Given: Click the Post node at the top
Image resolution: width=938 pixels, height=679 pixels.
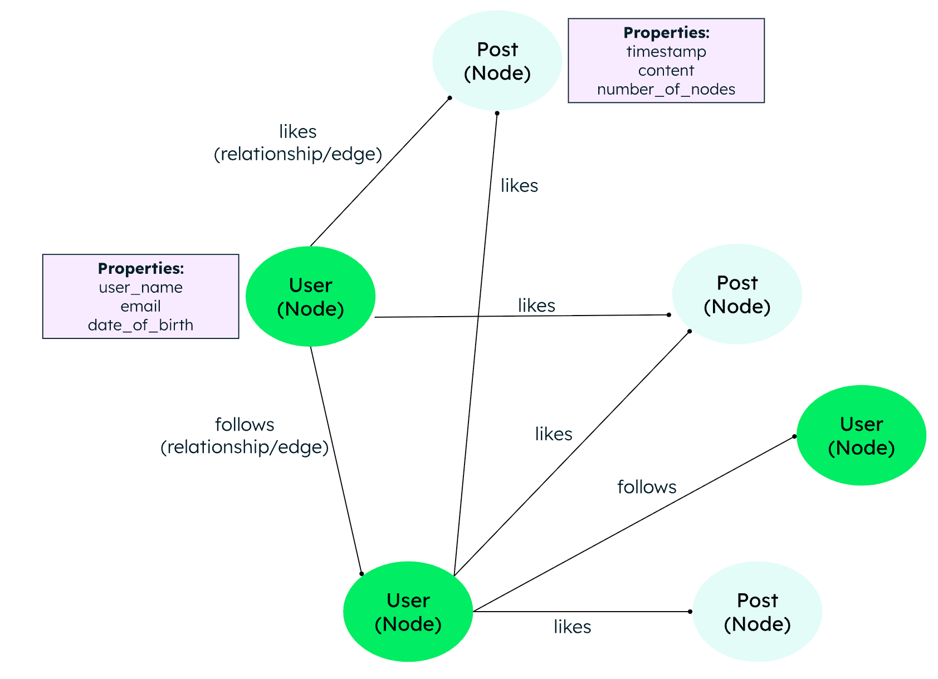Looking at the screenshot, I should [x=497, y=61].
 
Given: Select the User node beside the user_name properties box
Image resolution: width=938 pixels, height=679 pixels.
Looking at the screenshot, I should [x=310, y=297].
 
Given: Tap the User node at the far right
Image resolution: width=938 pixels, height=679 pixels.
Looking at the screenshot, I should [x=861, y=435].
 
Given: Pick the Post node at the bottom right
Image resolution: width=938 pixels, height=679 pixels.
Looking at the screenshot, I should [x=757, y=612].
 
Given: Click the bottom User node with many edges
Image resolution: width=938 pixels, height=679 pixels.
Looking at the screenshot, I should [x=408, y=612].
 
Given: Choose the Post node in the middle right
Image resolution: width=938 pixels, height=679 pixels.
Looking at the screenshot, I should [x=737, y=294].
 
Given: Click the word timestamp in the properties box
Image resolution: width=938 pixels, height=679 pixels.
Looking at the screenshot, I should [x=666, y=52].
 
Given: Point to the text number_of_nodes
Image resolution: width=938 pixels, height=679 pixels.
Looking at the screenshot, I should [x=666, y=90].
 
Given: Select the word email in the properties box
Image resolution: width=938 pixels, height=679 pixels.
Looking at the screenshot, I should [x=140, y=306].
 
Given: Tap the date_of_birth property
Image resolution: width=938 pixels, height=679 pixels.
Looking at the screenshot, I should [x=140, y=325].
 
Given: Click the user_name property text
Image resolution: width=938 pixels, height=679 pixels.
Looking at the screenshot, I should [x=140, y=288].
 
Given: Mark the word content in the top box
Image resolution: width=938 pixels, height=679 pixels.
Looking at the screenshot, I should [x=666, y=71].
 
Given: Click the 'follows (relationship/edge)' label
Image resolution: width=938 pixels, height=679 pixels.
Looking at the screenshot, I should [x=245, y=436].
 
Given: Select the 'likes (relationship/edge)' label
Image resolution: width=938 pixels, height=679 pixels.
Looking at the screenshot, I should [x=297, y=143].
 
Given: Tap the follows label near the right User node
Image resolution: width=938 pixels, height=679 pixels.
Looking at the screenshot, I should [x=647, y=487].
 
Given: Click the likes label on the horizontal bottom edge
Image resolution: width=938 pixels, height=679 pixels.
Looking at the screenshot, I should [x=572, y=627].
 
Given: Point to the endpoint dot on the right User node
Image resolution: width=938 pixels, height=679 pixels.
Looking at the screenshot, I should [x=794, y=436].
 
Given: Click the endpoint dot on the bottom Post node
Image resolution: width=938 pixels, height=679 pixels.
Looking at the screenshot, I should [x=690, y=612].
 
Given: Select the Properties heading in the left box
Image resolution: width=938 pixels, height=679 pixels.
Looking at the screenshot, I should [x=140, y=269].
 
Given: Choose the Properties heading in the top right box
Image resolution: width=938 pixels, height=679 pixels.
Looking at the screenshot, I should [x=666, y=33].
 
